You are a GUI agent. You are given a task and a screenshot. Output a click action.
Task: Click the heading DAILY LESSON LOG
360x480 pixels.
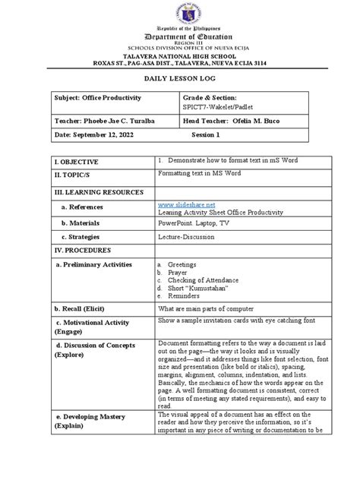tap(179, 77)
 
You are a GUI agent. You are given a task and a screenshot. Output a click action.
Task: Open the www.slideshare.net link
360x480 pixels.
tap(187, 204)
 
